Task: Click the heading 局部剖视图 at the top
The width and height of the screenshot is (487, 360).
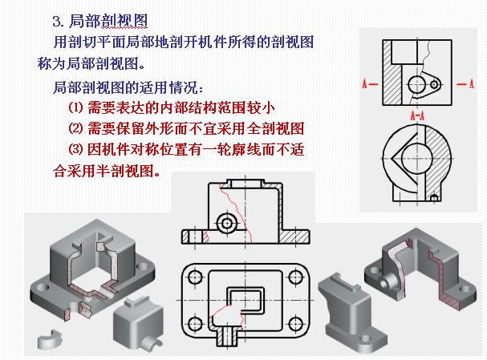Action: [108, 21]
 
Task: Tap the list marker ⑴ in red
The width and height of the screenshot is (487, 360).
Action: [75, 107]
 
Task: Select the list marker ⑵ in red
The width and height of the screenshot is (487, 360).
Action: [75, 128]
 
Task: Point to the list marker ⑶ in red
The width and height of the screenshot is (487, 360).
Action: [75, 149]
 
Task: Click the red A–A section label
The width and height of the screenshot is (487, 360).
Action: [417, 115]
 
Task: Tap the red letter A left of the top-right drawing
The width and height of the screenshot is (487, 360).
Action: [364, 84]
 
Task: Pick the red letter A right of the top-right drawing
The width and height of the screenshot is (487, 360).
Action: [472, 84]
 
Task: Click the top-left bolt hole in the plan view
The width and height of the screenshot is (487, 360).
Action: [195, 277]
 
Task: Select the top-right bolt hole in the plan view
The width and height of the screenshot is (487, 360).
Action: [296, 277]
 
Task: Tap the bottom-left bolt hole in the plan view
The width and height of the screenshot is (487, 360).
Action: [195, 324]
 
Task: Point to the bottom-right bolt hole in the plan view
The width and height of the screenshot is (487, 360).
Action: [296, 324]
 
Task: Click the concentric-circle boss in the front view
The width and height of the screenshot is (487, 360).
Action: [227, 223]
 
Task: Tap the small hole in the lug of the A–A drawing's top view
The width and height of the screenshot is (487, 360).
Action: [435, 84]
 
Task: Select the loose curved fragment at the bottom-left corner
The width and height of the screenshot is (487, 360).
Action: [50, 339]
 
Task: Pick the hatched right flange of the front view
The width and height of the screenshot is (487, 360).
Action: [294, 237]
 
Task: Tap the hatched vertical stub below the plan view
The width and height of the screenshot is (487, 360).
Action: [227, 336]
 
